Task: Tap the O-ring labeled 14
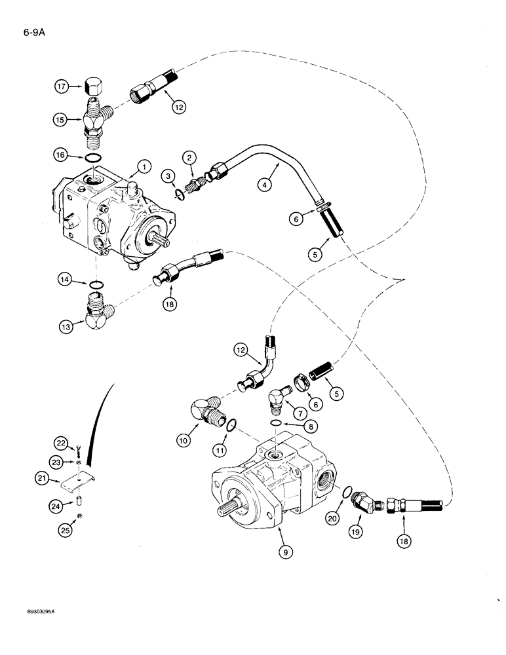[x=96, y=283]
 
